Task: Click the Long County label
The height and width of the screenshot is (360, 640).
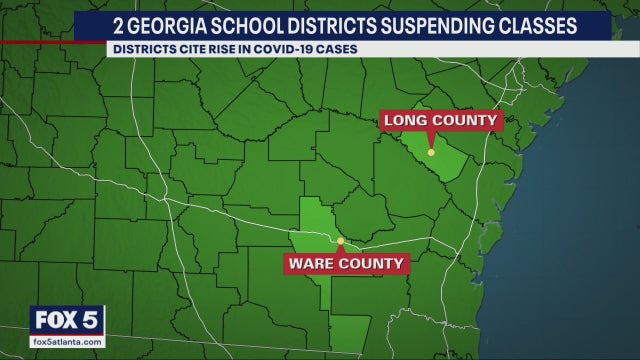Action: coord(440,121)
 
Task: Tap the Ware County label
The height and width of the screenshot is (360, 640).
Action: coord(347,264)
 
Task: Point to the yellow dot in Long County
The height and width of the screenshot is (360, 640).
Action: coord(431,152)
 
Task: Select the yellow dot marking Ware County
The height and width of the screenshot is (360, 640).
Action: coord(340,241)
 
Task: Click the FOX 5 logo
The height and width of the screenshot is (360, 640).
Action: coord(67,321)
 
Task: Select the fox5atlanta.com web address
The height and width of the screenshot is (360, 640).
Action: coord(67,342)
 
